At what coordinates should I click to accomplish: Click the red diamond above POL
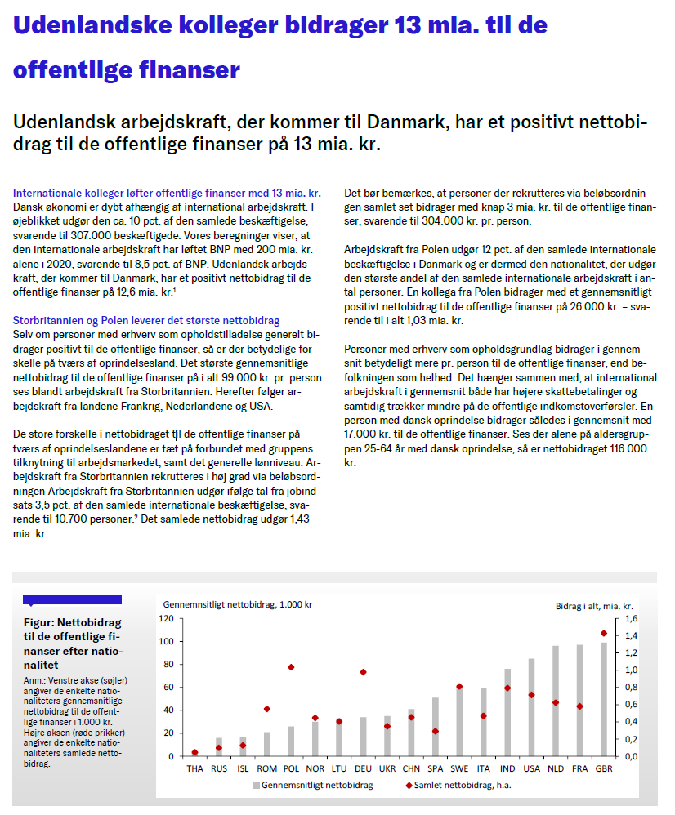point(291,667)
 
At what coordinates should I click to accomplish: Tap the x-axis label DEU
point(363,768)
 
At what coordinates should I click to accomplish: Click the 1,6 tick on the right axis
point(631,618)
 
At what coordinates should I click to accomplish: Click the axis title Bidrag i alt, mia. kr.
point(594,606)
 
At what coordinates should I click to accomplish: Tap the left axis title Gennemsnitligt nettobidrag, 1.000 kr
point(237,605)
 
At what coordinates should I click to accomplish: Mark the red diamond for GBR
point(604,633)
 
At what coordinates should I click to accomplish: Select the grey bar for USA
point(532,707)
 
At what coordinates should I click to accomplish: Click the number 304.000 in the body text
point(421,221)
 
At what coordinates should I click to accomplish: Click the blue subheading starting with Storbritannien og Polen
point(146,321)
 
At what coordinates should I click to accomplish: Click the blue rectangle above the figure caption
point(72,599)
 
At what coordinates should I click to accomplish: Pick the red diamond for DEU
point(363,672)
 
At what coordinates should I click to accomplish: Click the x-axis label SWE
point(459,768)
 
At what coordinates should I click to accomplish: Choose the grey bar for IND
point(507,712)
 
